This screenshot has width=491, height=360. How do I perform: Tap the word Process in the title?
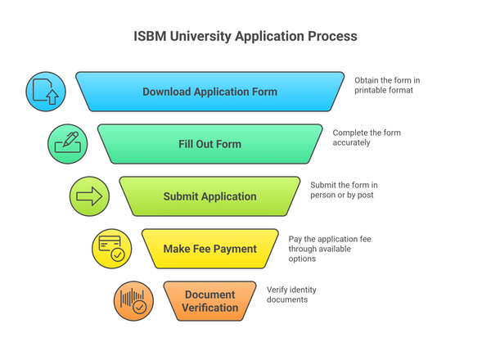[331, 37]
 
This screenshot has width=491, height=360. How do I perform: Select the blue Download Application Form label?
[209, 92]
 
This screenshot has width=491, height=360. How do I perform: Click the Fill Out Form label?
[209, 144]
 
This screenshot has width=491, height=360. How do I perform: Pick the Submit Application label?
[209, 196]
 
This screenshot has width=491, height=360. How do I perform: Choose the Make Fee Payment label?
[209, 249]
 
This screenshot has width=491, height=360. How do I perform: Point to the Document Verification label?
[210, 301]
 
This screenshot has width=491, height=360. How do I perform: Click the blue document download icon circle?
[46, 92]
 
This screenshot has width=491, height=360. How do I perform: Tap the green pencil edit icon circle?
[67, 144]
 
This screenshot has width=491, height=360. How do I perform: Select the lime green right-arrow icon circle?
[89, 196]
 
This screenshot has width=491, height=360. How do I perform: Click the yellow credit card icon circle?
[111, 249]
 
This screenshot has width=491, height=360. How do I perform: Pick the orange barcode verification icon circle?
[133, 301]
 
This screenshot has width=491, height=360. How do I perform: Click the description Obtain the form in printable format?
[387, 85]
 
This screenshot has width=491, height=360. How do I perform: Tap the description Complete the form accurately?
[366, 137]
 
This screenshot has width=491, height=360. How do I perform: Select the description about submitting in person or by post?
[344, 190]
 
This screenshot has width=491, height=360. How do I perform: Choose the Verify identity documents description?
[291, 295]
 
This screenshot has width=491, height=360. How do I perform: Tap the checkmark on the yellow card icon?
[118, 255]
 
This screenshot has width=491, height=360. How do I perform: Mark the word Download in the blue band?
[169, 92]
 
